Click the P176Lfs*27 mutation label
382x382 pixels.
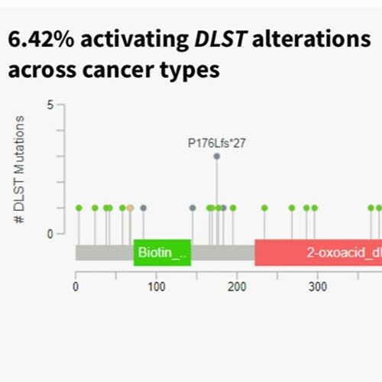click(x=216, y=142)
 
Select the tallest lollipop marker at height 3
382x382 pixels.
click(x=217, y=156)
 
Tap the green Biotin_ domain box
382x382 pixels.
click(x=162, y=252)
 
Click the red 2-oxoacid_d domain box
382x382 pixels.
click(x=317, y=252)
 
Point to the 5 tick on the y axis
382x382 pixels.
click(x=50, y=105)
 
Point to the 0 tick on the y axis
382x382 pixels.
click(x=50, y=234)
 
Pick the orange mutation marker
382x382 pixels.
click(x=130, y=208)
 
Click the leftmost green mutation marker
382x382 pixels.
click(x=79, y=208)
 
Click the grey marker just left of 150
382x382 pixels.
click(x=193, y=208)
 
